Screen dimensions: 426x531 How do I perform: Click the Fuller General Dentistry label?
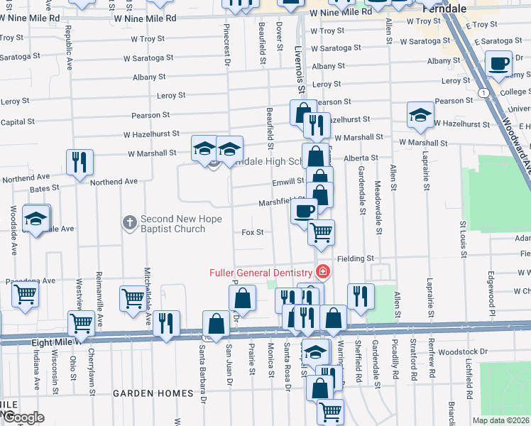pos(260,273)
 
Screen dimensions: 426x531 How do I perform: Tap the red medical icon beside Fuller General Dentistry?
pos(322,272)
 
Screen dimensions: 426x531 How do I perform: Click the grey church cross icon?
pos(129,223)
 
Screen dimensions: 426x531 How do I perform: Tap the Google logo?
pos(23,417)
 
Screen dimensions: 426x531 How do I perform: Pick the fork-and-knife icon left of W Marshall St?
pos(80,162)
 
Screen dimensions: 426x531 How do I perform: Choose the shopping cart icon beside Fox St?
pos(322,232)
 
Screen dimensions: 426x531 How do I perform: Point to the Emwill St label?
pos(288,182)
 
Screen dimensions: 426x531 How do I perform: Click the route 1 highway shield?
pos(483,93)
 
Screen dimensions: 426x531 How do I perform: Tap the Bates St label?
pos(44,189)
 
